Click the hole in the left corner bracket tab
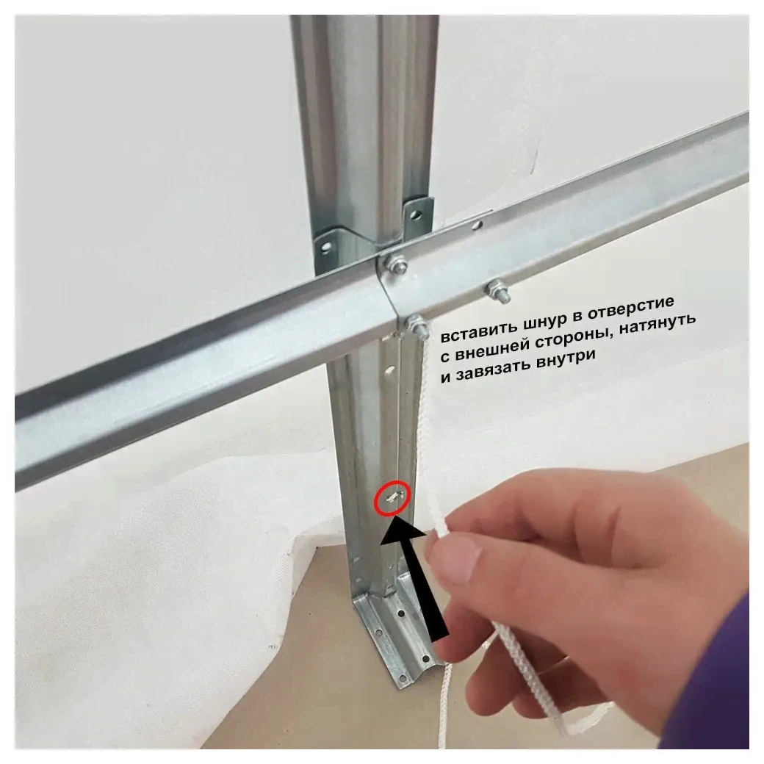(x=326, y=248)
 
